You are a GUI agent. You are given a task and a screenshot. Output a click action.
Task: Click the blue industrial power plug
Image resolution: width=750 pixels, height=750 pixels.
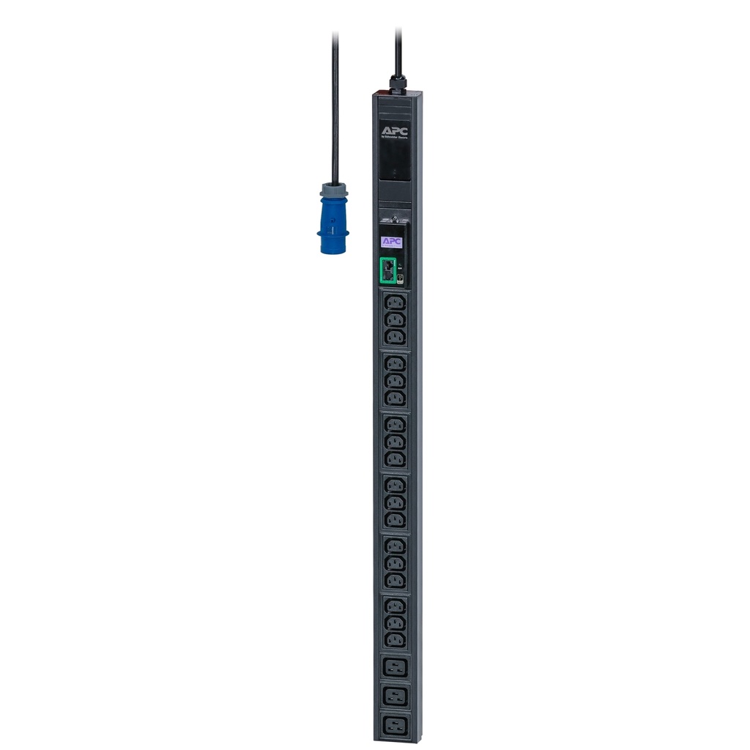(333, 223)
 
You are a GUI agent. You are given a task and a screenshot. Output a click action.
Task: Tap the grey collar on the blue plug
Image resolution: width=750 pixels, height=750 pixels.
(334, 190)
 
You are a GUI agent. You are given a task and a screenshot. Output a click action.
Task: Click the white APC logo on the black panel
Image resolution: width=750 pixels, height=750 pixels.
(395, 132)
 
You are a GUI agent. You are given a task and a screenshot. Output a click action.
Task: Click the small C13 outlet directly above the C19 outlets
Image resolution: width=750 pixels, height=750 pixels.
(395, 639)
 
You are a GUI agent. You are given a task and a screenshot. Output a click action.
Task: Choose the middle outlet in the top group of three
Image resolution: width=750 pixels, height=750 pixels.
(395, 319)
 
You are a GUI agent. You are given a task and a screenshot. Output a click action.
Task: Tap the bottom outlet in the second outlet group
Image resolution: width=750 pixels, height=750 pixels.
(395, 398)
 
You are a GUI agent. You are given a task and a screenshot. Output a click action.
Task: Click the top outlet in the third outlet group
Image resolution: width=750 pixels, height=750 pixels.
(395, 424)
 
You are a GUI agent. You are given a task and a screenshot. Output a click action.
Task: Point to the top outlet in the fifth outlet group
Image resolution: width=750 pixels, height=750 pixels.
(395, 545)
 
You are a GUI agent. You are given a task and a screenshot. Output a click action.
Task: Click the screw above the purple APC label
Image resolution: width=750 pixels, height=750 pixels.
(395, 218)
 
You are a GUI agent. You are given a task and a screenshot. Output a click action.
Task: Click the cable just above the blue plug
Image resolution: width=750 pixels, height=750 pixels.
(335, 146)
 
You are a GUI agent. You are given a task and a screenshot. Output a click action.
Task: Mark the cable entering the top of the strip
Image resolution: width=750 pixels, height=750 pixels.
(398, 51)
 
